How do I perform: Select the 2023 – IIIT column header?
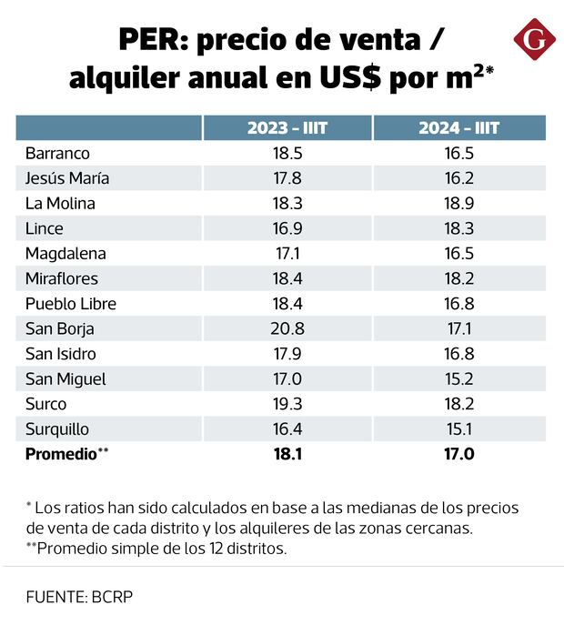[x=287, y=128]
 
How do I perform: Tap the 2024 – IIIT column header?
[x=458, y=128]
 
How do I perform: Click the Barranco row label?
[x=57, y=153]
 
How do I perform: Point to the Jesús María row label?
[x=67, y=178]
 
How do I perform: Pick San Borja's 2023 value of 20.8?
[x=287, y=328]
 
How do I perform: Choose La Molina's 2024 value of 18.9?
[x=458, y=203]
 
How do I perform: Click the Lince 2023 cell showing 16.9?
[x=287, y=228]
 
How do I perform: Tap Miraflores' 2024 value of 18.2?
[x=458, y=278]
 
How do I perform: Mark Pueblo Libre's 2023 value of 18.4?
[x=287, y=303]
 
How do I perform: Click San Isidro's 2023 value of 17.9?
[x=287, y=354]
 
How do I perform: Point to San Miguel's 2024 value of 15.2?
[x=458, y=378]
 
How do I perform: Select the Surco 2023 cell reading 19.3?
[x=287, y=404]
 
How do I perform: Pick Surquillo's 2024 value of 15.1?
[x=458, y=428]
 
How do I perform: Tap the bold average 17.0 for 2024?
[x=458, y=453]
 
